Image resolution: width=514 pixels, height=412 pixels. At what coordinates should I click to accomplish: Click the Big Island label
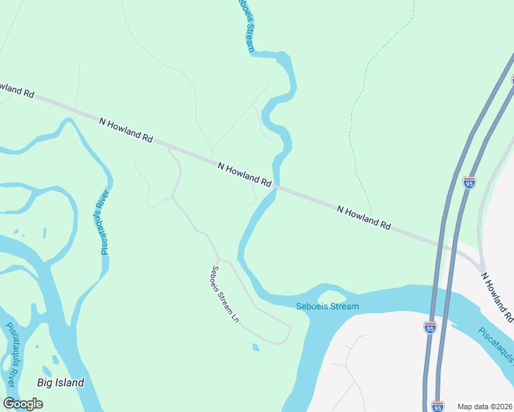[60, 382]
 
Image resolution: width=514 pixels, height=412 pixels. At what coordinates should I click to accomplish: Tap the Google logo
[23, 404]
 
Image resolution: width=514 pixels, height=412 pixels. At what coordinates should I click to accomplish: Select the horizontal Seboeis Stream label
[327, 306]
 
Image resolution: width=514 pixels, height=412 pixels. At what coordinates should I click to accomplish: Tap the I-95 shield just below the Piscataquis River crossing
[430, 328]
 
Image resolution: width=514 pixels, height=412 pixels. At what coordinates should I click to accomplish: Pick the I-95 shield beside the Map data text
[438, 406]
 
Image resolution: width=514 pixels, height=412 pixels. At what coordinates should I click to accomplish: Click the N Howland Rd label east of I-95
[497, 297]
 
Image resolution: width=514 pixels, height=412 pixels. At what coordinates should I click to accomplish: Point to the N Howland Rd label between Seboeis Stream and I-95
[364, 216]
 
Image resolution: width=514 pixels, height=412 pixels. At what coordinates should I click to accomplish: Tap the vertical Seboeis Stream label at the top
[245, 25]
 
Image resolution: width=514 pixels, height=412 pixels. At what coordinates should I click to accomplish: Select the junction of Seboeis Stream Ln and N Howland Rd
[169, 147]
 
